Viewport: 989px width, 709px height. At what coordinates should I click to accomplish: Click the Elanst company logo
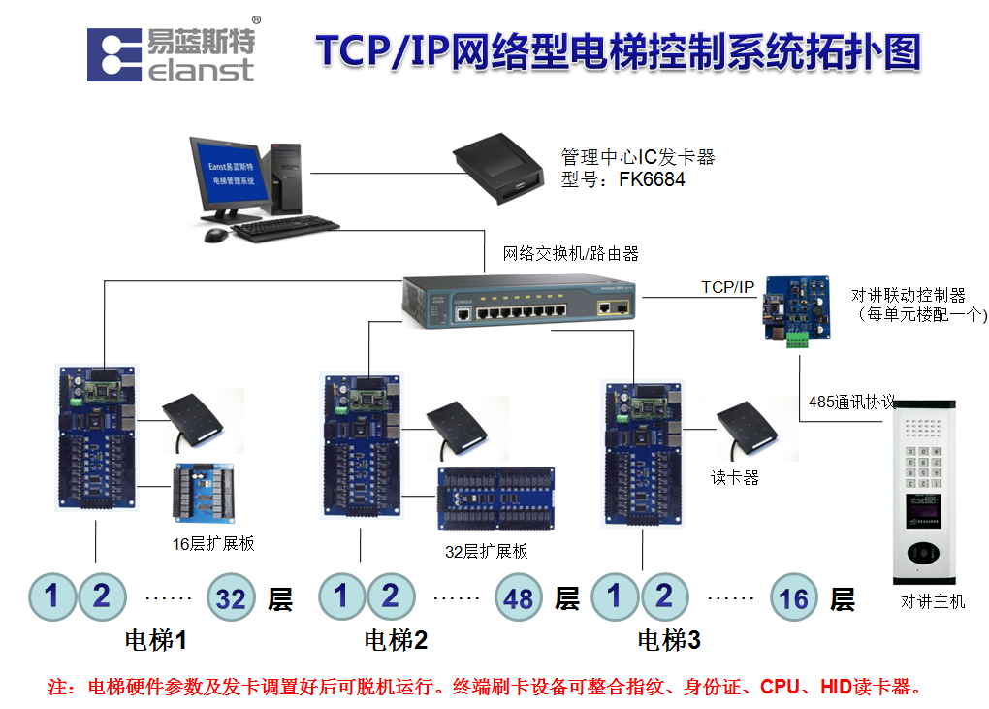[x=171, y=53]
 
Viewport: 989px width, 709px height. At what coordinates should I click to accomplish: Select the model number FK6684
[x=652, y=179]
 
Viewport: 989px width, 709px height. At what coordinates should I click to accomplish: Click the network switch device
[x=520, y=300]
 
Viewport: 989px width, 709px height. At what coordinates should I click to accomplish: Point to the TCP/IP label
[x=727, y=287]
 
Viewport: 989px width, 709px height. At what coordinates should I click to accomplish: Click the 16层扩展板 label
[x=213, y=543]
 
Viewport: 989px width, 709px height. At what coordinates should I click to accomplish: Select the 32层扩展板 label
[x=487, y=551]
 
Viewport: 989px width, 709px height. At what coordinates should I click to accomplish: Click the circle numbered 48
[x=519, y=598]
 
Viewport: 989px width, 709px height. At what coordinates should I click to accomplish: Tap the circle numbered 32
[x=231, y=598]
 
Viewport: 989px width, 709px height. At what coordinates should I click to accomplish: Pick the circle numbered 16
[x=794, y=598]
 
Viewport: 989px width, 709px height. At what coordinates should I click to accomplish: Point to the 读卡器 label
[x=735, y=477]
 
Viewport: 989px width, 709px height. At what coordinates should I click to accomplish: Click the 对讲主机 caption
[x=933, y=602]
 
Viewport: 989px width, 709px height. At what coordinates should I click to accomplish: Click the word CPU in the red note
[x=780, y=687]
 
